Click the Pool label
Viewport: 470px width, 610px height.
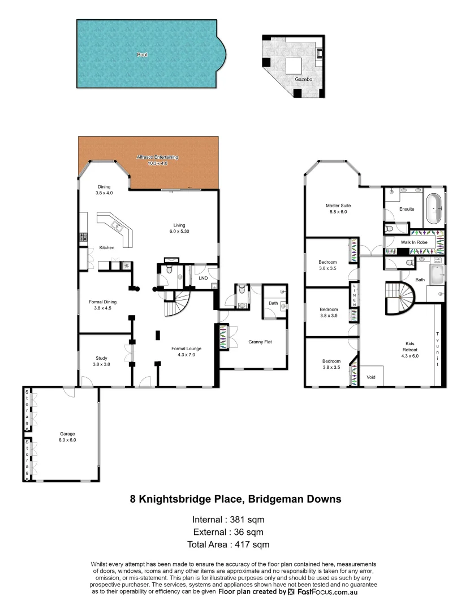tap(141, 55)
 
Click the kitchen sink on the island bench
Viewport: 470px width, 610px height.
tap(119, 226)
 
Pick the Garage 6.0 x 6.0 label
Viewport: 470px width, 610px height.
tap(68, 437)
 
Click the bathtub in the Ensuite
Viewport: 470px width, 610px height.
tap(434, 208)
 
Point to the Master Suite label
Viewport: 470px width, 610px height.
tap(338, 208)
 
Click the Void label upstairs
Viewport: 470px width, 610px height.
tap(371, 377)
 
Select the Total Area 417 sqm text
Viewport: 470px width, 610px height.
tap(228, 544)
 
